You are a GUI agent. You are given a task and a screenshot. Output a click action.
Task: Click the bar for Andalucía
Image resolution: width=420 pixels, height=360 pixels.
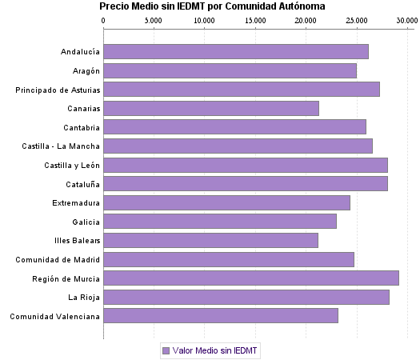[x=236, y=52]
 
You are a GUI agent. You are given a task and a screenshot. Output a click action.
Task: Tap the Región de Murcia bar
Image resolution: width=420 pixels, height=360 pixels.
[x=251, y=278]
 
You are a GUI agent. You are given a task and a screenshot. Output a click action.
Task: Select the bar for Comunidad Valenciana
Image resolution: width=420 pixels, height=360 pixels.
[x=221, y=316]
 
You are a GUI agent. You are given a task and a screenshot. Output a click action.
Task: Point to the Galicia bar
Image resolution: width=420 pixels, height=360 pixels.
[x=220, y=222]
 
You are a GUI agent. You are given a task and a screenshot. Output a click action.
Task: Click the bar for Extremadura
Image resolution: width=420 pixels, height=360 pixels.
[x=226, y=202]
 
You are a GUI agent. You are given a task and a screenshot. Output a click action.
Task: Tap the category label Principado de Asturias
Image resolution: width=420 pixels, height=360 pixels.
[x=58, y=90]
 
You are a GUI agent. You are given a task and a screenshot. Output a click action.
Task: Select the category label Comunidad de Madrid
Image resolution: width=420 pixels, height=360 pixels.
[x=58, y=259]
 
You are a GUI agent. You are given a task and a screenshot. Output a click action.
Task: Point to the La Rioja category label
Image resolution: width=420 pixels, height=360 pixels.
[x=83, y=298]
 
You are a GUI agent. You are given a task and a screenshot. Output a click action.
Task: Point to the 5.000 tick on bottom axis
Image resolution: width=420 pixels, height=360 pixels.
[x=154, y=335]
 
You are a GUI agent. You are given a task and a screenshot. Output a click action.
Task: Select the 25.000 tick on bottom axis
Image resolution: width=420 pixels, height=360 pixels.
[x=357, y=335]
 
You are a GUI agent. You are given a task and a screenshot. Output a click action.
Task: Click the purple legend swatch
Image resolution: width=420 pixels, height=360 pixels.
[x=166, y=350]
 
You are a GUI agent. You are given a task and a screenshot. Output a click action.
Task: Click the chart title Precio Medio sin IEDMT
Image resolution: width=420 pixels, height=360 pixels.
[x=212, y=6]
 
